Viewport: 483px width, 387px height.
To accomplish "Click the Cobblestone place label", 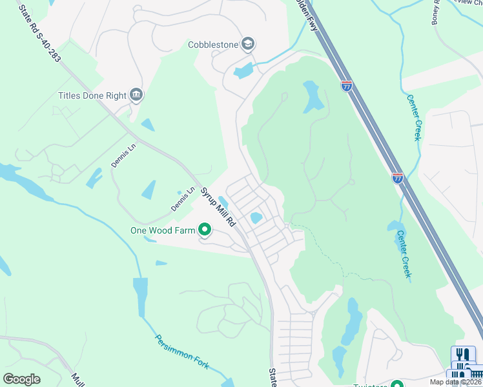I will click(212, 45).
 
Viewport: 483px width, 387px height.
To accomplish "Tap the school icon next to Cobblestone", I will click(248, 44).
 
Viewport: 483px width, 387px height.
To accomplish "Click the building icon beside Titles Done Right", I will click(136, 95).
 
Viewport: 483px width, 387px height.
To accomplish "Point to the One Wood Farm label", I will click(162, 230).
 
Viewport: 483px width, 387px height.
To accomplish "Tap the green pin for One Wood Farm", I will click(205, 229).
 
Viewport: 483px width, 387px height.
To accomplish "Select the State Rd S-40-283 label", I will click(40, 34).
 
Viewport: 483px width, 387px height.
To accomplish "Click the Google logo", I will click(21, 379).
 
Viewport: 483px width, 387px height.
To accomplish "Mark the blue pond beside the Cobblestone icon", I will click(243, 70).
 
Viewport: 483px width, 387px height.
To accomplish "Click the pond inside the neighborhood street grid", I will click(256, 218).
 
